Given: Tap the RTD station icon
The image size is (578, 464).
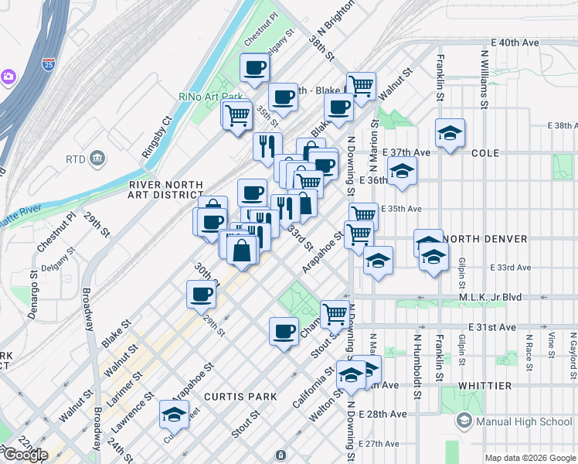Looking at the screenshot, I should coord(98,159).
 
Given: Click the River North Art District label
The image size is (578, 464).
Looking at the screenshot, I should coord(166,190).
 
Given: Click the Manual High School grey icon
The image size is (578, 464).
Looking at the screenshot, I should coord(464,421).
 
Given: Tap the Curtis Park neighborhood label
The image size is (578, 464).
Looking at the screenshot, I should coord(240,397).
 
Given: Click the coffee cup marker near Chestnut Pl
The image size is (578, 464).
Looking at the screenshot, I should coord(254,68).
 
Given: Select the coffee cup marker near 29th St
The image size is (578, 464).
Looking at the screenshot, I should coord(201,294).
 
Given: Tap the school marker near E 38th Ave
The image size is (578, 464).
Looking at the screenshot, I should coord(450,133).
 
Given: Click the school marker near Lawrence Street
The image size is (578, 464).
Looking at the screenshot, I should coord(174,415).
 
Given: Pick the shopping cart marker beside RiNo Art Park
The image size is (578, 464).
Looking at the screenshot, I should coord(238,116).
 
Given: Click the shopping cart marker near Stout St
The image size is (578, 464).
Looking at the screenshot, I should coord(335,314).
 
